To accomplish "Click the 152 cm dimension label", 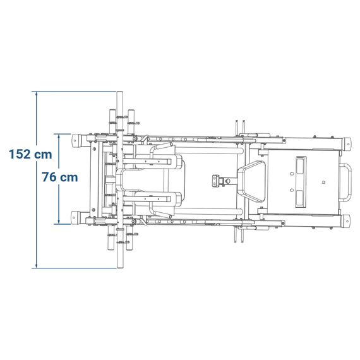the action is point(30,154).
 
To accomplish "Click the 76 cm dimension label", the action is point(60,177).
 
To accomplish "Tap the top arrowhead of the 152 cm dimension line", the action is point(36,93).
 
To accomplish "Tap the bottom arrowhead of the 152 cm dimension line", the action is point(36,266).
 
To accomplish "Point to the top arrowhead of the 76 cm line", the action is point(59,136).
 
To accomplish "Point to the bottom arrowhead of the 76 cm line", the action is point(59,222).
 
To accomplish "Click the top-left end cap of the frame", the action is point(75,140).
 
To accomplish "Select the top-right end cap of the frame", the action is point(347,144).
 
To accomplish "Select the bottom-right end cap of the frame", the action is point(347,221).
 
